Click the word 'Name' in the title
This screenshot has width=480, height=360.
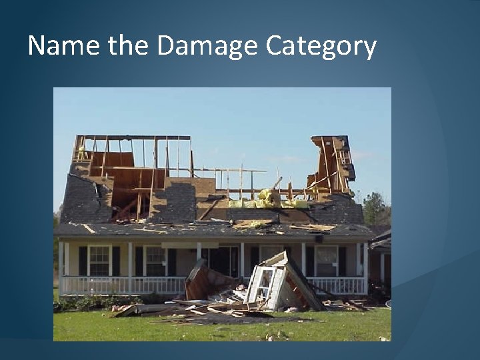point(64,46)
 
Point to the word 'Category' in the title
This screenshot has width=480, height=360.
point(321,47)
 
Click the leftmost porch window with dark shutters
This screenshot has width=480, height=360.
point(99,260)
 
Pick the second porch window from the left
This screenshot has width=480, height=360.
point(155,260)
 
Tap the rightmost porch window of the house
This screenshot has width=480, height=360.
point(327,260)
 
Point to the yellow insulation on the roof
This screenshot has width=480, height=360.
point(269,198)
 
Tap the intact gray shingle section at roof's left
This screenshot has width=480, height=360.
point(80,200)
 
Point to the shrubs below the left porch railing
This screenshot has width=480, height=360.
point(93,303)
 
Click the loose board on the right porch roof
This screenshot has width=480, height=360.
point(313,227)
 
